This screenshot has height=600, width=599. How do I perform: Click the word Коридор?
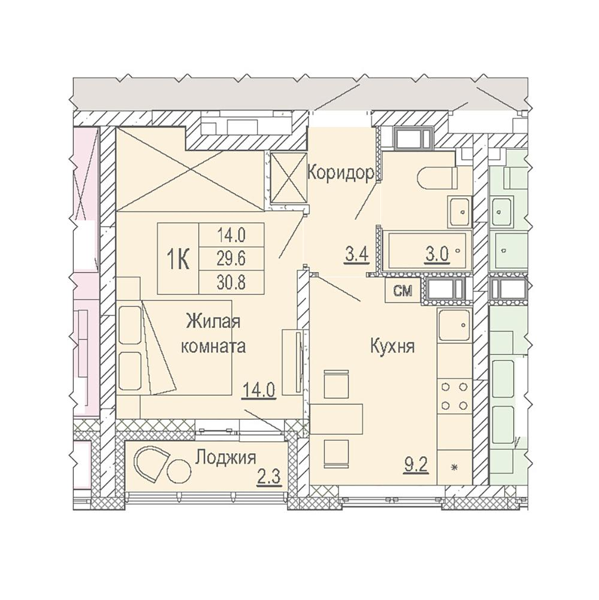(x=341, y=173)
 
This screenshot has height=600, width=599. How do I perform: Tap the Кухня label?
(x=392, y=346)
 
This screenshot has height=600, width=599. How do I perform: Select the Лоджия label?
(x=226, y=457)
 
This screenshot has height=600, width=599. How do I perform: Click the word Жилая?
(x=213, y=321)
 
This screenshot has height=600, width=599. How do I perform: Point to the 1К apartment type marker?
(x=179, y=259)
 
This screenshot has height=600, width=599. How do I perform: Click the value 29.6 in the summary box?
(x=231, y=259)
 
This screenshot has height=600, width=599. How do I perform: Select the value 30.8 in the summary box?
(x=231, y=283)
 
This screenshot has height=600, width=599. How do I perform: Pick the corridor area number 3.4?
(x=356, y=255)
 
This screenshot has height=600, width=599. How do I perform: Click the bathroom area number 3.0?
(x=437, y=255)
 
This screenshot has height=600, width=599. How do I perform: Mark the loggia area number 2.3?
(x=269, y=478)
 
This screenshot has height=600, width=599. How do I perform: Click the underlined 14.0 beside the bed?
(x=259, y=391)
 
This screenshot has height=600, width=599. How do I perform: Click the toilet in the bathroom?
(x=437, y=177)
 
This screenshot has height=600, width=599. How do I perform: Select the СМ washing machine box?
(x=403, y=291)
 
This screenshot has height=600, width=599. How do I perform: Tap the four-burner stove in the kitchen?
(x=455, y=396)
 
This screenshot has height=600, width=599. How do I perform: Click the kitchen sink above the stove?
(x=455, y=325)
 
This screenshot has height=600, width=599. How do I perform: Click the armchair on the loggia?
(x=150, y=465)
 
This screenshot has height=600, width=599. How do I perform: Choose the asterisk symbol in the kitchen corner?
(x=455, y=467)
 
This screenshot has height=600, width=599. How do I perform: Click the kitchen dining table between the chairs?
(x=336, y=418)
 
